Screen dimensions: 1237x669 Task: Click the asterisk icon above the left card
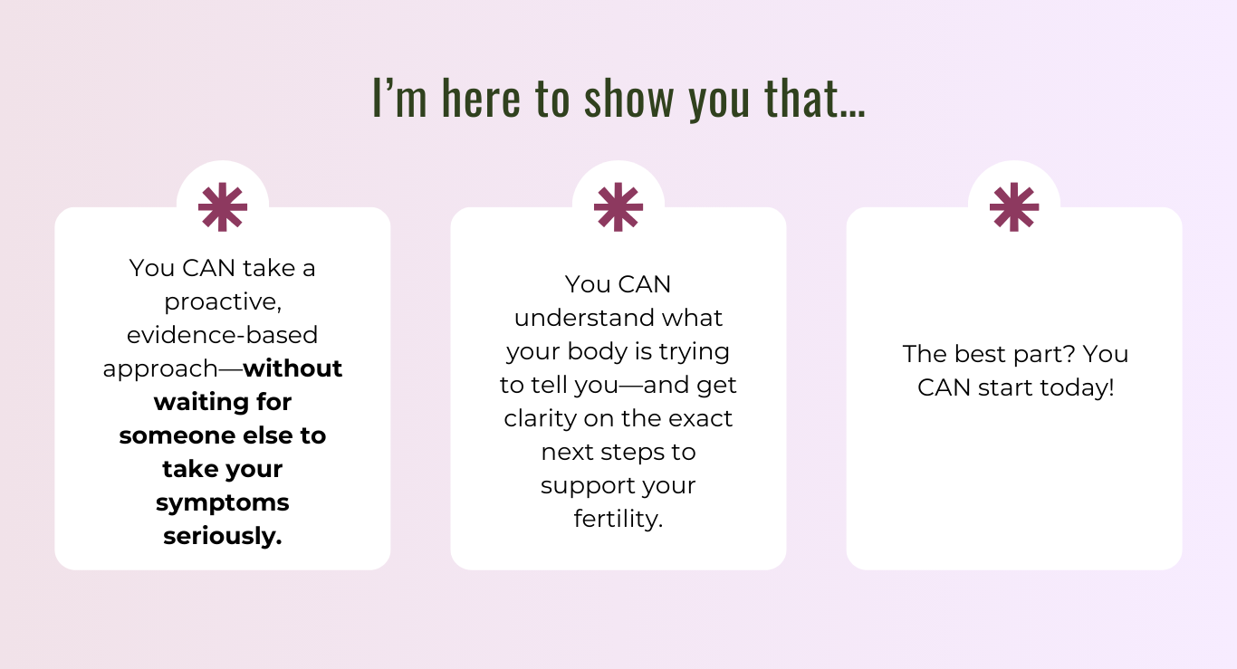[x=223, y=207]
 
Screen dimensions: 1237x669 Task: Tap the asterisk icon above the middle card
[x=618, y=207]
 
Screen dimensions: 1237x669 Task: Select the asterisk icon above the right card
[x=1014, y=207]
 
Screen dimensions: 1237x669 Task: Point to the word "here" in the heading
[x=482, y=99]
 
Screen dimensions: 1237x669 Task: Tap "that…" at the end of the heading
[x=815, y=99]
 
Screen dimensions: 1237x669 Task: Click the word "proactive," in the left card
[x=223, y=302]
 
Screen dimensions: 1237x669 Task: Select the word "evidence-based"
[x=223, y=335]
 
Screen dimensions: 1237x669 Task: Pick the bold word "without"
[x=292, y=368]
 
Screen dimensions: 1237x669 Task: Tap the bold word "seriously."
[x=223, y=537]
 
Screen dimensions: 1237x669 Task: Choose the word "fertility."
[x=618, y=520]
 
